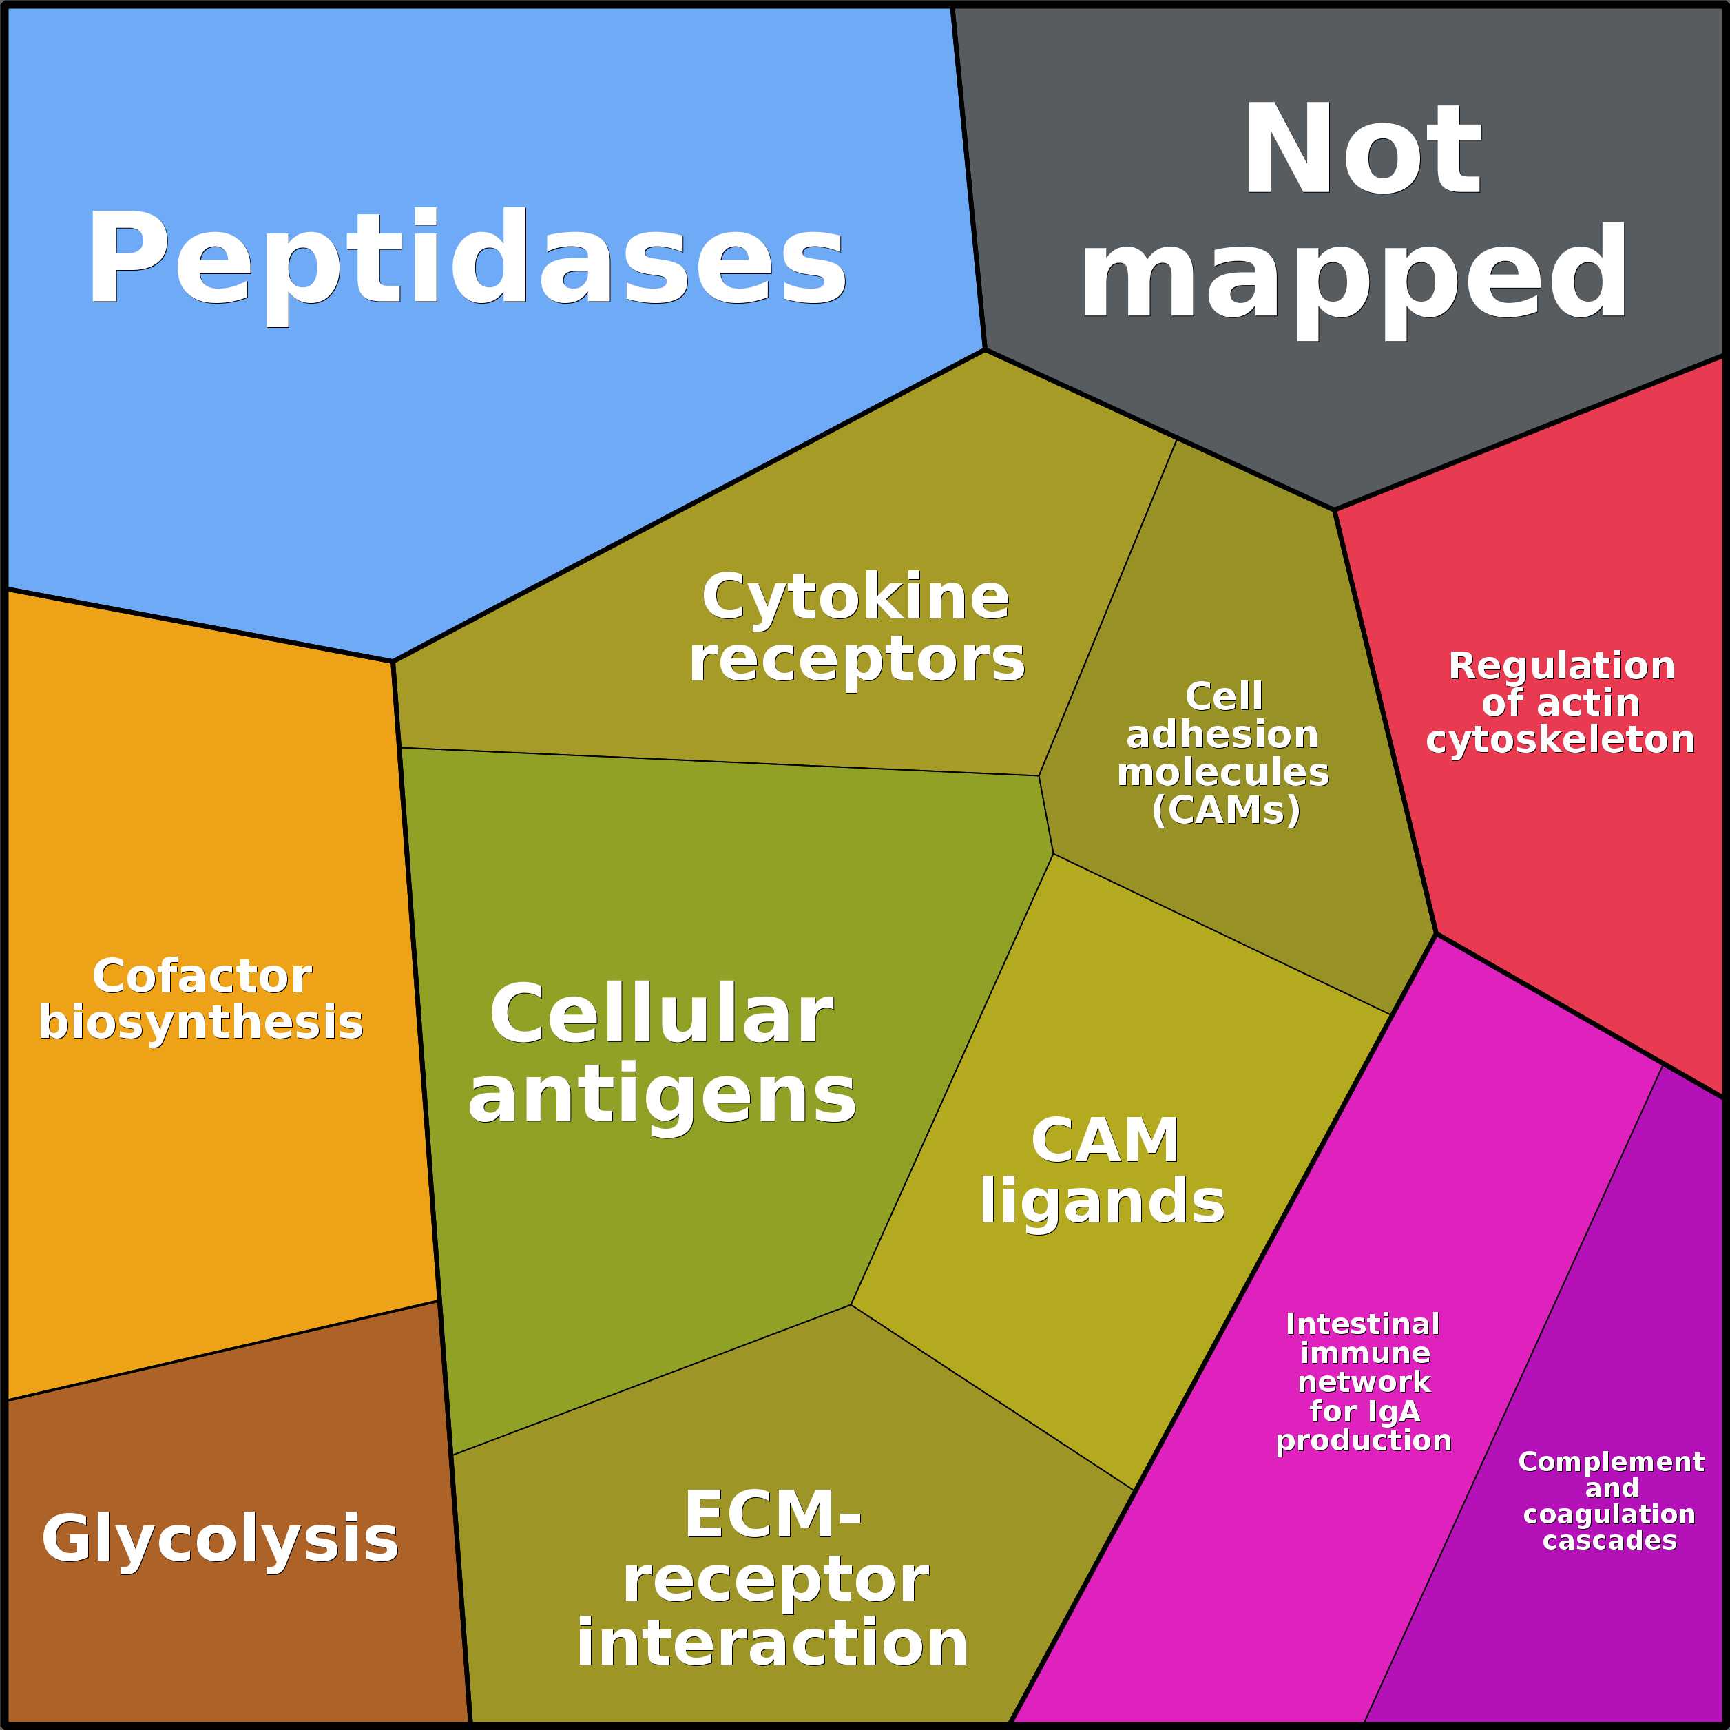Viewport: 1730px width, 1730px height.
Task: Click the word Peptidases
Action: point(466,260)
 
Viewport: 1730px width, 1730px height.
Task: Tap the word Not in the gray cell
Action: point(1361,150)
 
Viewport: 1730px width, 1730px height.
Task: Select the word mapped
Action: point(1354,274)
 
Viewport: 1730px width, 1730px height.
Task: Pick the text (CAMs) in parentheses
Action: point(1226,811)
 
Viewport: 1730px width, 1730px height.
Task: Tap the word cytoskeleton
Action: point(1561,740)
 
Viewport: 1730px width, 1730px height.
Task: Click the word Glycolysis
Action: point(220,1539)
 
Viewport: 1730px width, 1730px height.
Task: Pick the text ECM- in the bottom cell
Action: point(773,1516)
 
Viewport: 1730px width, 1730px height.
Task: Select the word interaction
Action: point(772,1644)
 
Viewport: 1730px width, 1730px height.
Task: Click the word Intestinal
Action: point(1363,1324)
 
